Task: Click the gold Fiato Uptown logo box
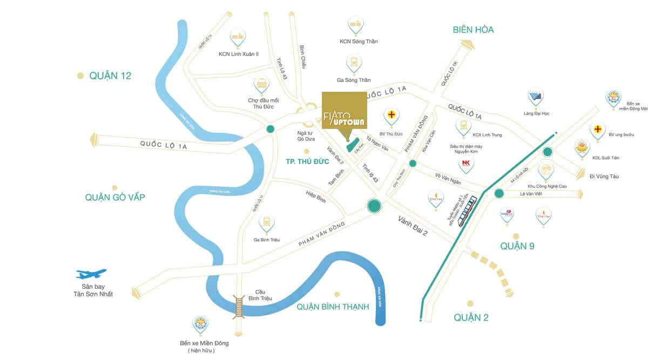coord(345,116)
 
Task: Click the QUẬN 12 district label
coord(110,76)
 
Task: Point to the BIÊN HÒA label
coord(473,30)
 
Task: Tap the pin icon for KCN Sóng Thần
coord(355,24)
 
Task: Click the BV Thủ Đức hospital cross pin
coord(391,116)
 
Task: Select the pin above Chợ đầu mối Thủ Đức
coord(262,85)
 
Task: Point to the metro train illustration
coord(468,212)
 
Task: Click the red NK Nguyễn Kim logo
coord(465,164)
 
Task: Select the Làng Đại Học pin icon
coord(536,98)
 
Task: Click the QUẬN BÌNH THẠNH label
coord(333,307)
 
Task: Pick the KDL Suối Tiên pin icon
coord(582,148)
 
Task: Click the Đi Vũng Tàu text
coord(604,176)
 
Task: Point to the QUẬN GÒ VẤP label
coord(114,198)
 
